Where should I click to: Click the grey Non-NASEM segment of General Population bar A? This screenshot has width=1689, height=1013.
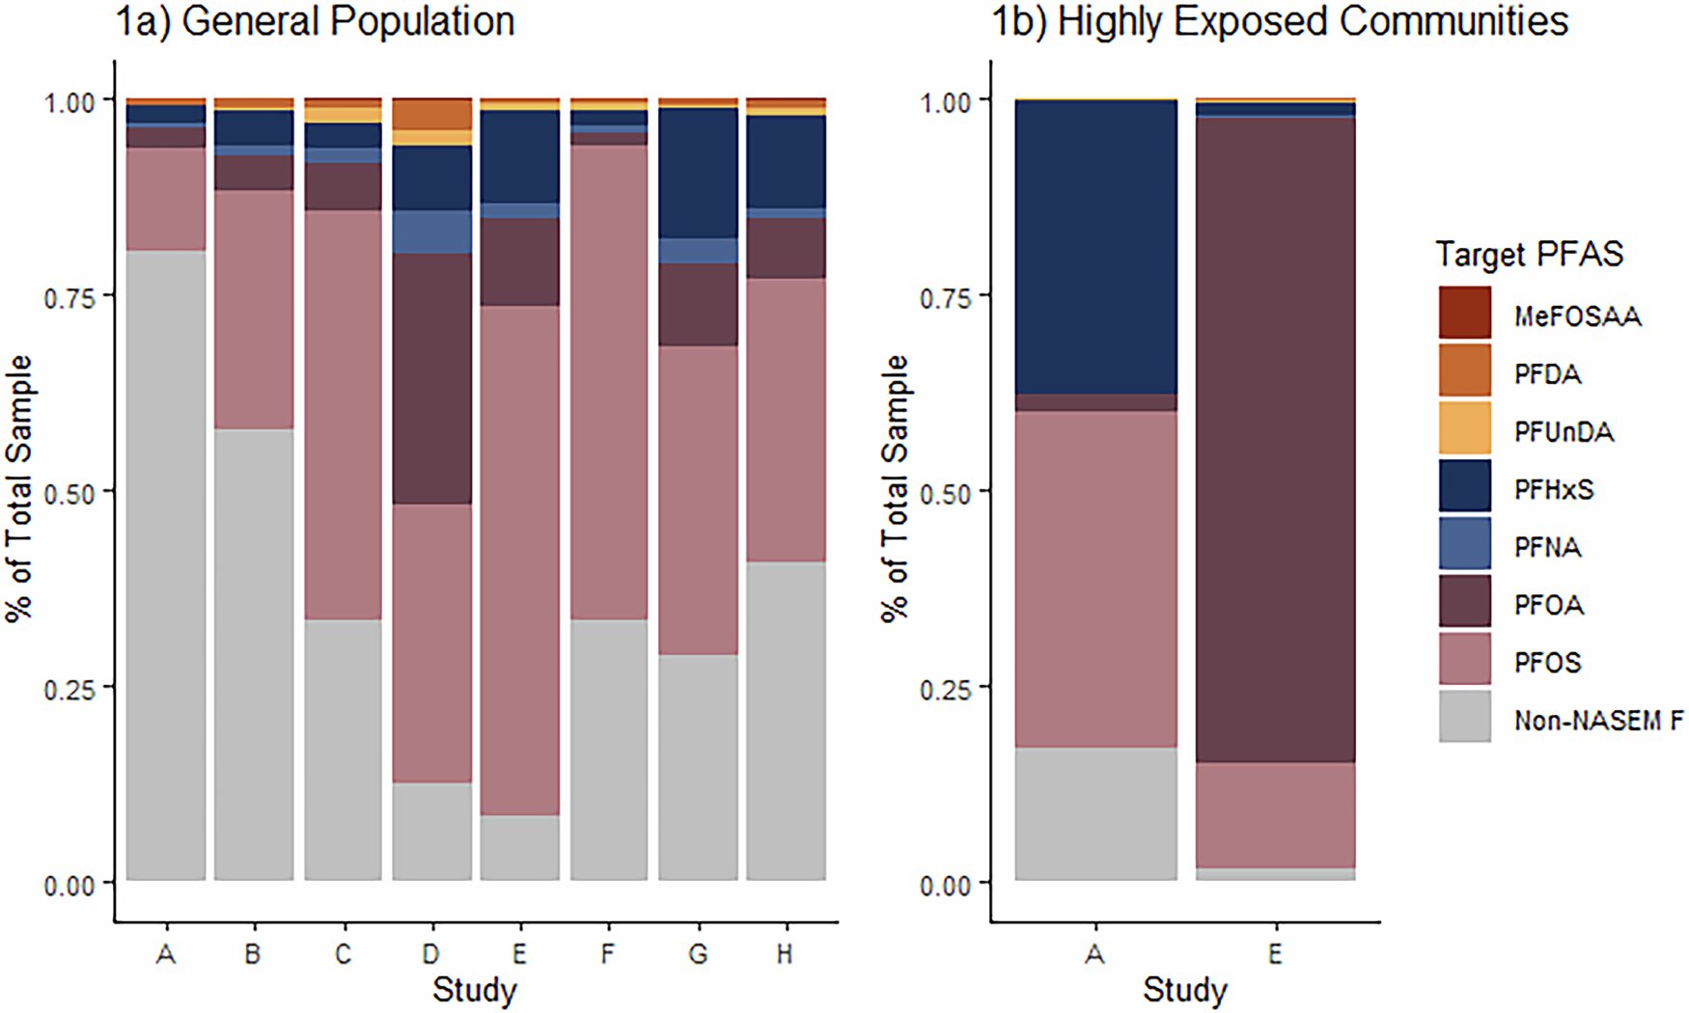(166, 564)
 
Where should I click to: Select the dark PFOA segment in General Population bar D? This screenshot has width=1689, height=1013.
(431, 378)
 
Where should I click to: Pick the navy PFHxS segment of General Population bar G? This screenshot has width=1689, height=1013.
(698, 173)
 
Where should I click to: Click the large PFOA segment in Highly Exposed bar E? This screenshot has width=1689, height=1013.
(1275, 439)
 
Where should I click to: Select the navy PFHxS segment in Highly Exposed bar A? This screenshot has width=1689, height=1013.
(1095, 247)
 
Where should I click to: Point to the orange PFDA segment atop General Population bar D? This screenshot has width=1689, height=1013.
(431, 114)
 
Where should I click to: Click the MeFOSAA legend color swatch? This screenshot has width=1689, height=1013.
(1464, 313)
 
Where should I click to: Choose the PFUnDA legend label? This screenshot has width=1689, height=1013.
(1564, 431)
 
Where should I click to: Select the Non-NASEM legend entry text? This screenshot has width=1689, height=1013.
(1598, 720)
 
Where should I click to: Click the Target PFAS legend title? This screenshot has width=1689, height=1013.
(1529, 254)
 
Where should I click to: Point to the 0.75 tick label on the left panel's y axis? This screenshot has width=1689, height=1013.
(69, 297)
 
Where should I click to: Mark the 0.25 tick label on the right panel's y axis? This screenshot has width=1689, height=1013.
(945, 689)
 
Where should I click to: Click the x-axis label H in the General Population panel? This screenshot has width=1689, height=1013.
(785, 954)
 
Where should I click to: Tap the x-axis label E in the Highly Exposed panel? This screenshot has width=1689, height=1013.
(1275, 954)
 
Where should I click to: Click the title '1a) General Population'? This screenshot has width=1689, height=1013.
(315, 21)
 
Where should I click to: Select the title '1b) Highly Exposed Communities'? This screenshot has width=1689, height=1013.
(1280, 21)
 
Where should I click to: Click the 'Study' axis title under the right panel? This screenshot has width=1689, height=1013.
(1184, 990)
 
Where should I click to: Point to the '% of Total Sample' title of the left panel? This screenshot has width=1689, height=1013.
(19, 489)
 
